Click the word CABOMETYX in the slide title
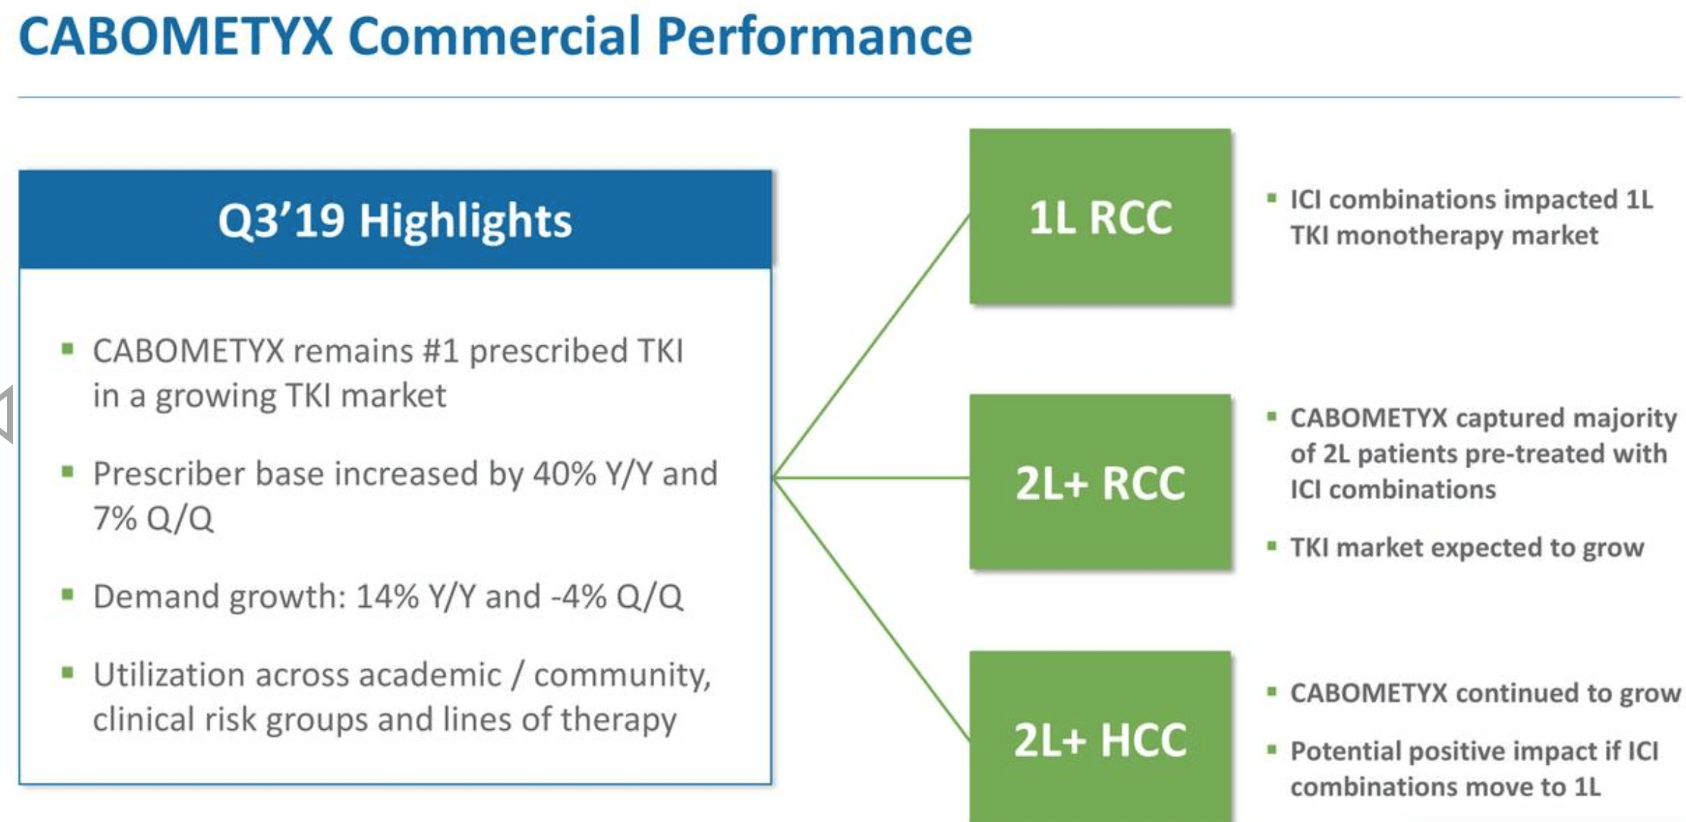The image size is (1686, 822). click(176, 36)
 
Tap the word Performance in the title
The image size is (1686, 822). click(814, 36)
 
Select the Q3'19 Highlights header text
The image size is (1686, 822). click(395, 220)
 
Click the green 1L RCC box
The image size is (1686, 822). click(1100, 217)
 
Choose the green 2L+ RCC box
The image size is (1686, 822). click(1100, 482)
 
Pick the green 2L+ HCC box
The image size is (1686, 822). click(1100, 739)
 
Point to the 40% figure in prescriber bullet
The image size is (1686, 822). click(564, 474)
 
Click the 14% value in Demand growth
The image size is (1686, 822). click(387, 597)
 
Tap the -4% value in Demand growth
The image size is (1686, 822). click(578, 597)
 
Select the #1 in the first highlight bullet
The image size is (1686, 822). click(440, 352)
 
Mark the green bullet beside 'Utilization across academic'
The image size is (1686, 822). click(68, 673)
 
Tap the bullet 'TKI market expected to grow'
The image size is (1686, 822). click(1466, 548)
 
